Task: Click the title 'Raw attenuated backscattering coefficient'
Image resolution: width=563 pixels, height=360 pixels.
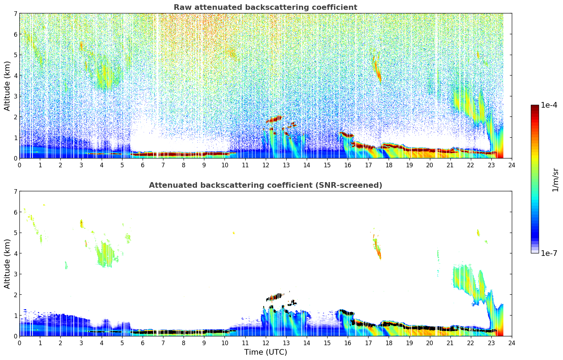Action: pos(265,7)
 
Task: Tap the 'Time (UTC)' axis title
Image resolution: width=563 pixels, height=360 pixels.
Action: pos(265,352)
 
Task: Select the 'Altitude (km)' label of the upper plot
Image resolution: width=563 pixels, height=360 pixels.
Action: pos(7,86)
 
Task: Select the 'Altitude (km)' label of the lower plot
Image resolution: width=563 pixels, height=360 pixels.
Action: pos(7,264)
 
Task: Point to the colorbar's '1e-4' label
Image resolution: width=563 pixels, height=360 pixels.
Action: pos(549,105)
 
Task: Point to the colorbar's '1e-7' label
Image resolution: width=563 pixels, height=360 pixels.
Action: pos(549,253)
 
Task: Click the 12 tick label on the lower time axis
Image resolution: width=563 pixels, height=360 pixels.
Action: pos(265,343)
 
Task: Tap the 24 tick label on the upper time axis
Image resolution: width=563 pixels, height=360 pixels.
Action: pos(511,165)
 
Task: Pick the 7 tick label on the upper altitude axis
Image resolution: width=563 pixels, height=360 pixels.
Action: pos(15,14)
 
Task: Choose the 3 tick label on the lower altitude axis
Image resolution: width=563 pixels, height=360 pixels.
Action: pos(15,274)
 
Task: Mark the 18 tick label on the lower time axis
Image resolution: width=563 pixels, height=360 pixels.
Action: pos(389,343)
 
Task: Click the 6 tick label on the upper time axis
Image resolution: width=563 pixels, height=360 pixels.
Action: pos(143,165)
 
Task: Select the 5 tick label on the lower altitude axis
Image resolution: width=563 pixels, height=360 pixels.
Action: pos(15,233)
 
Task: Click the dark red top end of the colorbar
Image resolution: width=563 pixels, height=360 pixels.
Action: pos(535,107)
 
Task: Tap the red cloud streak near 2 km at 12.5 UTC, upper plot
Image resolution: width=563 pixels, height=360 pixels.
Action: pos(275,119)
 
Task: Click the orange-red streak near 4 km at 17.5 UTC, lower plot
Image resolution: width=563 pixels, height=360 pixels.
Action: pos(379,253)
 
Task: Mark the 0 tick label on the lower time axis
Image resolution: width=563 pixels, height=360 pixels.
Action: pos(19,343)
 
